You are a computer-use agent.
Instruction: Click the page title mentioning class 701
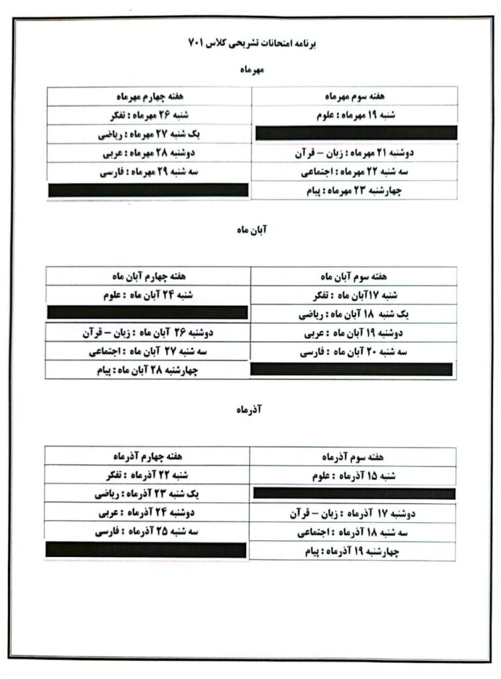coord(250,43)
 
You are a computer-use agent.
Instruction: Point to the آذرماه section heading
coord(250,411)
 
